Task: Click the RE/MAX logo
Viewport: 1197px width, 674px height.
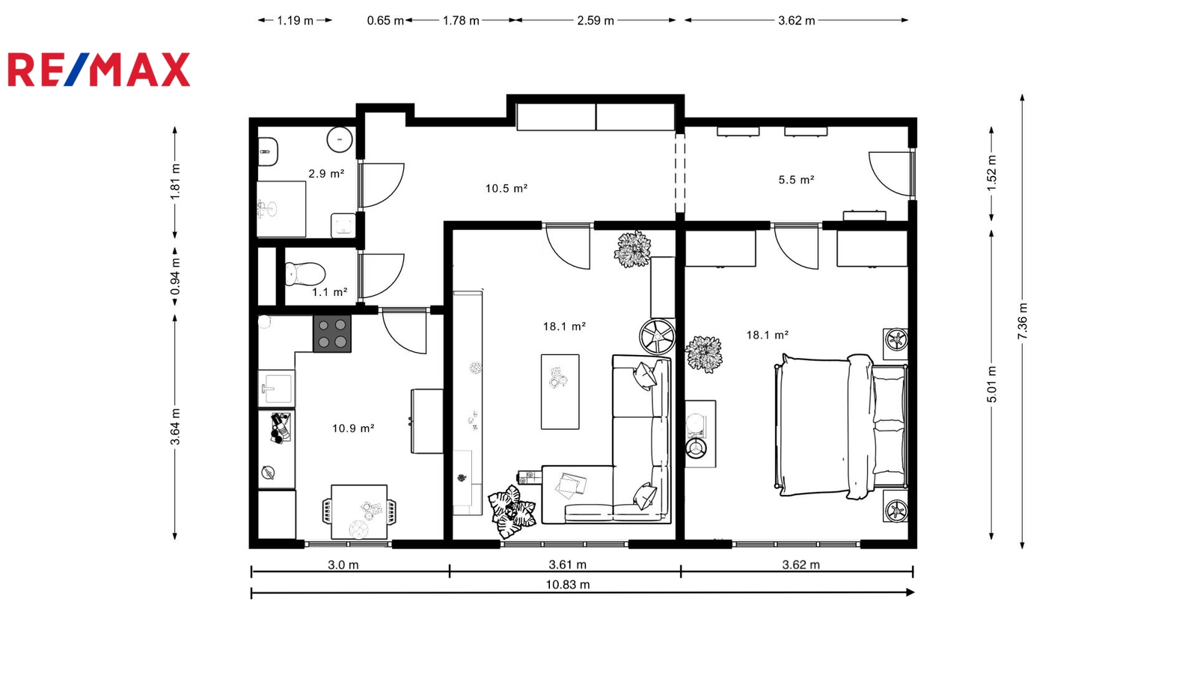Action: point(99,70)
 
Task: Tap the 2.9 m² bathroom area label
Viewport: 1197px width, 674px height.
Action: point(326,174)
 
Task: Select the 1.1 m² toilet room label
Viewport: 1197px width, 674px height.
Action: point(330,292)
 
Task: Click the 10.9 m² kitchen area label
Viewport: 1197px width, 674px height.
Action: point(353,428)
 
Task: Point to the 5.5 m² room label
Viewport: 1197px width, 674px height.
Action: point(796,180)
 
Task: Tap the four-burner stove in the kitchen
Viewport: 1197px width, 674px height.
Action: point(332,334)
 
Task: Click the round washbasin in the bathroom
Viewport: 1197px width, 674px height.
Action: point(340,139)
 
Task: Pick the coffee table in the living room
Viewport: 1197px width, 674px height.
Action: point(560,392)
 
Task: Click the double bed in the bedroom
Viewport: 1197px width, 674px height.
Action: point(841,426)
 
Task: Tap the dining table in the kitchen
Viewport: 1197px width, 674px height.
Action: point(359,512)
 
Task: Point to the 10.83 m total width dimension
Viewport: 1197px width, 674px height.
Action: point(583,592)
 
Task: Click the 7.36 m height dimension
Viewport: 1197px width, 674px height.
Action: point(1022,321)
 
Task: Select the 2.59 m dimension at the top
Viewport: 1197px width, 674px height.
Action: point(596,20)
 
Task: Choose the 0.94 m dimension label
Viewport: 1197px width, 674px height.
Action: point(175,276)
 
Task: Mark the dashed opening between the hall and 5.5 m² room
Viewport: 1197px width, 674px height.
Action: point(680,173)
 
